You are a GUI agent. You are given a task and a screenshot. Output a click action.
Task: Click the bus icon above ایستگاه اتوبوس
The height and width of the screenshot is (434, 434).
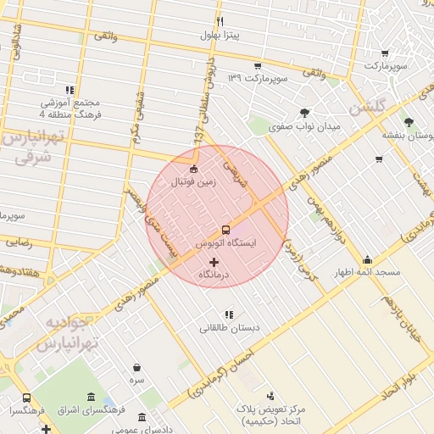pyautogui.click(x=225, y=229)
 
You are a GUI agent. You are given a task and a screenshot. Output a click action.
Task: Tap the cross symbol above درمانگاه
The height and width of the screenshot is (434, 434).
pyautogui.click(x=213, y=262)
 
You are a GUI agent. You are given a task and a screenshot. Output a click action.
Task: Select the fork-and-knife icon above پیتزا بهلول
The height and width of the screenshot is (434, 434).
pyautogui.click(x=220, y=21)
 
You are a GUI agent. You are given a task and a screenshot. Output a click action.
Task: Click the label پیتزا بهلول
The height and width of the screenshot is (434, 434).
pyautogui.click(x=221, y=36)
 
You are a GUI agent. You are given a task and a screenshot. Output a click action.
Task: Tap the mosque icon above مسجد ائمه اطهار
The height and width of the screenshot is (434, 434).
pyautogui.click(x=367, y=259)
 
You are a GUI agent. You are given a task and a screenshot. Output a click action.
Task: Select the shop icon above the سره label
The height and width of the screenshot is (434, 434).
pyautogui.click(x=137, y=368)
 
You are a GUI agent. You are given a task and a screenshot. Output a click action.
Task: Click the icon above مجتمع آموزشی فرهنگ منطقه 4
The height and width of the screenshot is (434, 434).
pyautogui.click(x=69, y=89)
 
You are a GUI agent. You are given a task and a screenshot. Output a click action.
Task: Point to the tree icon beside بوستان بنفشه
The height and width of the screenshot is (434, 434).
pyautogui.click(x=409, y=121)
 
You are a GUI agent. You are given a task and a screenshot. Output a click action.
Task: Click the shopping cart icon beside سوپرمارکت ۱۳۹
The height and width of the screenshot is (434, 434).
pyautogui.click(x=257, y=64)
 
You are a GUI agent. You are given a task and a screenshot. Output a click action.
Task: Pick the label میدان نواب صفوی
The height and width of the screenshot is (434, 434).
pyautogui.click(x=304, y=127)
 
